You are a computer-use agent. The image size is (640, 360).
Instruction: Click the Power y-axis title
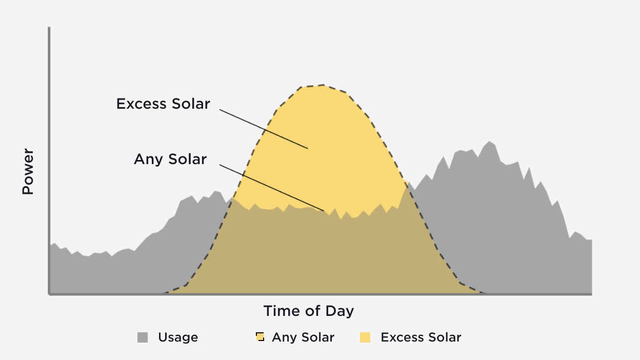click(28, 172)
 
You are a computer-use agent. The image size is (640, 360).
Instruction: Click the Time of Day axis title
click(308, 311)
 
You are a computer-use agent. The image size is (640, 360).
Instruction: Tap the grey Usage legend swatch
click(143, 337)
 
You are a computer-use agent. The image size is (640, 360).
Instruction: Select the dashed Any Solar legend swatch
click(260, 337)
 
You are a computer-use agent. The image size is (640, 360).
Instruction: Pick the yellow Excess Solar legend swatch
click(365, 337)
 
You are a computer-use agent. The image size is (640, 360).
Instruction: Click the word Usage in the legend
click(178, 337)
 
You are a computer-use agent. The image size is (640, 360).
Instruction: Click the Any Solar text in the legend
click(303, 337)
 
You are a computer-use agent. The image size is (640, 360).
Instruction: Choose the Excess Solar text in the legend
click(421, 337)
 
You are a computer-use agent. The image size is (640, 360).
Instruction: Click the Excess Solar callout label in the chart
click(163, 104)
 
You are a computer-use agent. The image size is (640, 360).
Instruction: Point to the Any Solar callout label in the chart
click(170, 159)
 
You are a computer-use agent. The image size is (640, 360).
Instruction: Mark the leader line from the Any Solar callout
click(272, 188)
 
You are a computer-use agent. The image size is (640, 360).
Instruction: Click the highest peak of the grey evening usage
click(490, 141)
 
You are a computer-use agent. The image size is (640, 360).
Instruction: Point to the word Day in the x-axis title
click(340, 311)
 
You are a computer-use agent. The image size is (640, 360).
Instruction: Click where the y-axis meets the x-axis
click(49, 294)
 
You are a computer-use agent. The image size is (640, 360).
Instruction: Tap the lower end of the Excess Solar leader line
click(307, 148)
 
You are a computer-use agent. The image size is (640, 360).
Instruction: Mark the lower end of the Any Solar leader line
click(324, 210)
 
